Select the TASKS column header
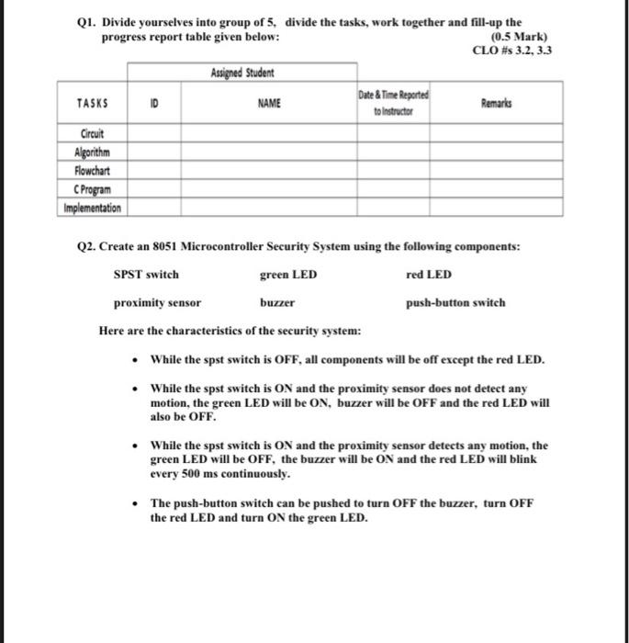[92, 105]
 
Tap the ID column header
[155, 105]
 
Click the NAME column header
[269, 105]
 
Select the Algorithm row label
[92, 151]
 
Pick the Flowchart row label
[92, 169]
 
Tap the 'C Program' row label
[92, 188]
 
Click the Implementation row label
[92, 208]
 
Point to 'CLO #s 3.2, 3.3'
[511, 50]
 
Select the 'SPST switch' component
[146, 275]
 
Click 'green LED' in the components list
[288, 275]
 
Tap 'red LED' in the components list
[428, 275]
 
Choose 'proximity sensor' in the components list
[157, 302]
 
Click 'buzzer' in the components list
[277, 302]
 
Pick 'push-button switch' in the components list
[455, 302]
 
